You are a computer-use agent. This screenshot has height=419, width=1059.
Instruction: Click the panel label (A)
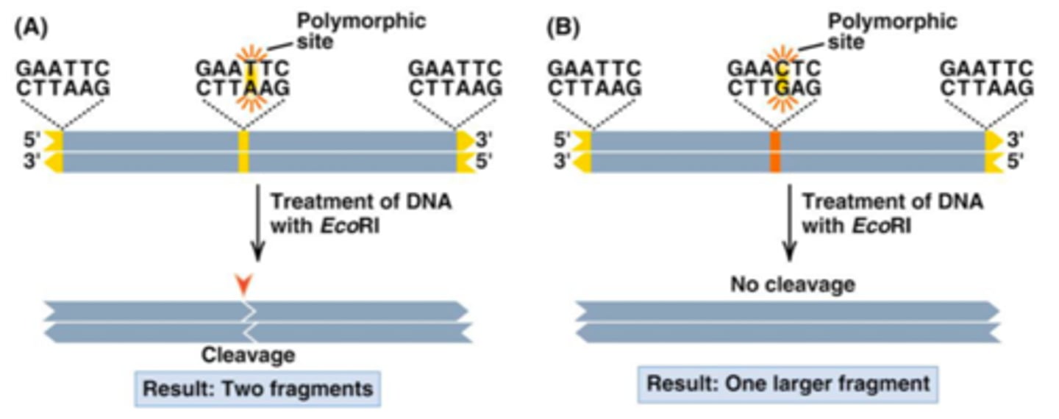click(31, 29)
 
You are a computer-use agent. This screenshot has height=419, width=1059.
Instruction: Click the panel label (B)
click(563, 29)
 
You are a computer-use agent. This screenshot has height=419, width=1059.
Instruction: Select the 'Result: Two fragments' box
click(257, 388)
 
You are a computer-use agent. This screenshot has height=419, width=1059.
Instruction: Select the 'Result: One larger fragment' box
click(788, 384)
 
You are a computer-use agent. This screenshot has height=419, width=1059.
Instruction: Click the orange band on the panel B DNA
click(774, 151)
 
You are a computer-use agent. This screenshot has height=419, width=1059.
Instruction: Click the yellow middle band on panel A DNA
click(244, 151)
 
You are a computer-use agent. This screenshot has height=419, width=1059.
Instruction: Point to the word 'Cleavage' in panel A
click(249, 356)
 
